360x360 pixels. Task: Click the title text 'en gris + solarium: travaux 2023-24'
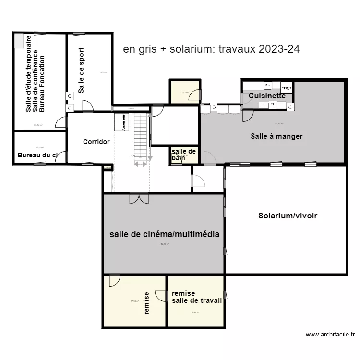[x=211, y=49]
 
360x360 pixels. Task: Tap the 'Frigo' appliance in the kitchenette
[x=286, y=87]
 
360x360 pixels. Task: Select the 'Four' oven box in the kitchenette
[x=268, y=85]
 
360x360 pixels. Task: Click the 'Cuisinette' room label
[x=267, y=96]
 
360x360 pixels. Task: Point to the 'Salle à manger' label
[x=276, y=136]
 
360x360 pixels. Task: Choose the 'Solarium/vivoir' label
[x=288, y=216]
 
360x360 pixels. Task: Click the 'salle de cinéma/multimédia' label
[x=164, y=234]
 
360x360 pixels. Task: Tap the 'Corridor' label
[x=96, y=142]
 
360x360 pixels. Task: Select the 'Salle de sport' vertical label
[x=81, y=70]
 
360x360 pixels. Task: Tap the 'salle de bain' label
[x=183, y=155]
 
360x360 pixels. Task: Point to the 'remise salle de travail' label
[x=196, y=297]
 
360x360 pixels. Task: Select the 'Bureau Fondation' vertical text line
[x=42, y=84]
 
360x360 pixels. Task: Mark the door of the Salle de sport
[x=88, y=107]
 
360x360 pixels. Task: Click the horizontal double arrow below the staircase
[x=141, y=164]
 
